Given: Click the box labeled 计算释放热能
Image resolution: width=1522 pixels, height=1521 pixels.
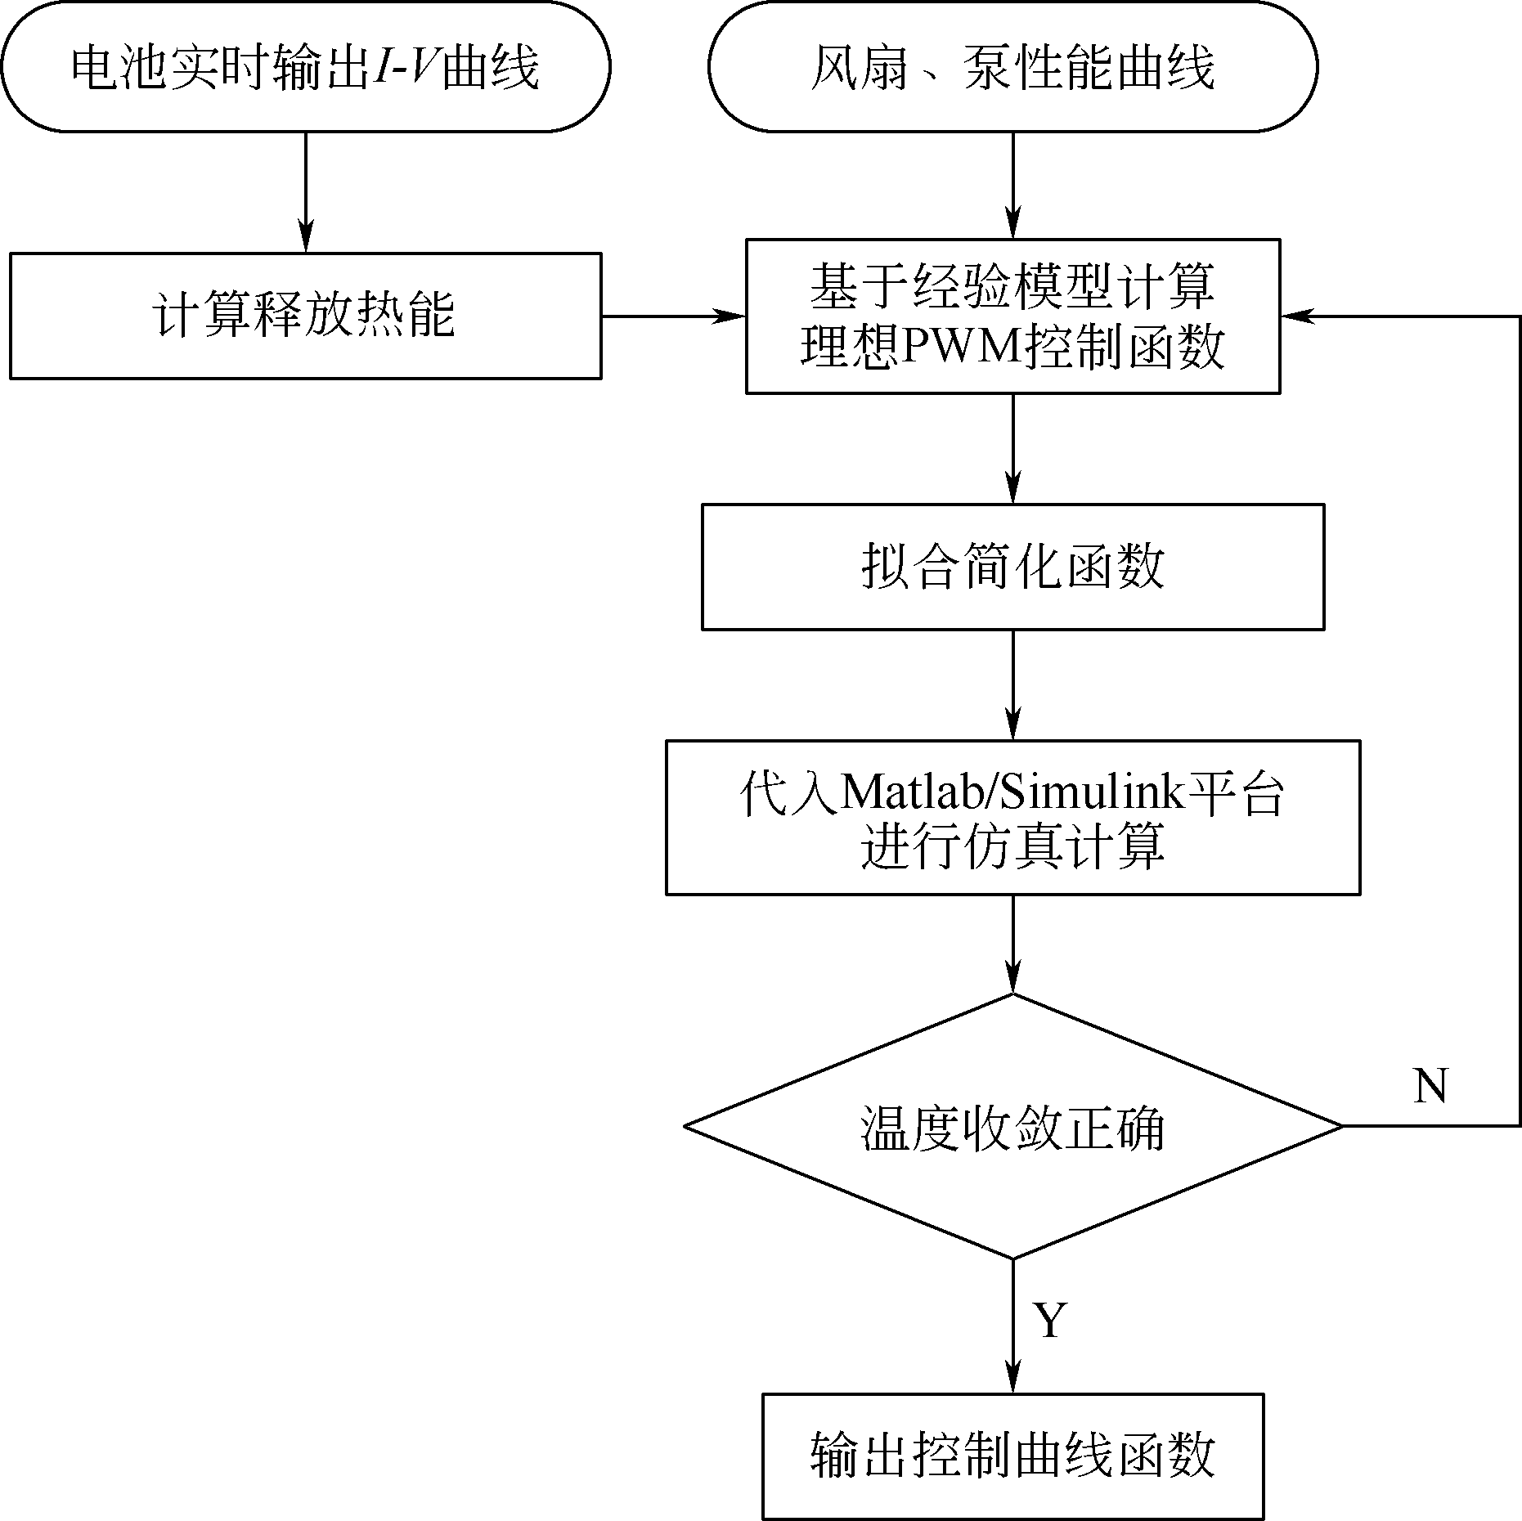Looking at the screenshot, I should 305,316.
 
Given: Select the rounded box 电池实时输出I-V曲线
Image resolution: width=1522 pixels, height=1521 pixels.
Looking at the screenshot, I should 305,67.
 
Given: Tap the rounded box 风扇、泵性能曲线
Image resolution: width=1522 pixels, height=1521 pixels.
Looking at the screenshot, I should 1012,67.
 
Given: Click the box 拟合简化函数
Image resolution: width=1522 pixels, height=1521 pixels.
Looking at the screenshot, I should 1012,567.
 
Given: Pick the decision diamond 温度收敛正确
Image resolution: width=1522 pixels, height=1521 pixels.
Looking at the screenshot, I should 1012,1126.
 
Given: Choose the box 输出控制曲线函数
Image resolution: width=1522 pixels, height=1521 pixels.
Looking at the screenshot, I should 1012,1455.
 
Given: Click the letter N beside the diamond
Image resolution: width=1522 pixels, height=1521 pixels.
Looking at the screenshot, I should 1430,1087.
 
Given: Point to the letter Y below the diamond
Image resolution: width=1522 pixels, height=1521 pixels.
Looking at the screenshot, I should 1051,1320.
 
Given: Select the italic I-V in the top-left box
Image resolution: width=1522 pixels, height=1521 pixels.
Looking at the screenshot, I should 404,67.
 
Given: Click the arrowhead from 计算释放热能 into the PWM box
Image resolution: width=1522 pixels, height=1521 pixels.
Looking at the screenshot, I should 732,316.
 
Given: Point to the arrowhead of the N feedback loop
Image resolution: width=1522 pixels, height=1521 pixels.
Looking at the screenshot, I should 1295,316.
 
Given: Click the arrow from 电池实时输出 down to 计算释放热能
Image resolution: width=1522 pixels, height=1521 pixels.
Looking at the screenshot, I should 305,191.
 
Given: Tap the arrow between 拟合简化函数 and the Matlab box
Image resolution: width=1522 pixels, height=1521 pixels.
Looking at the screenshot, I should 1012,685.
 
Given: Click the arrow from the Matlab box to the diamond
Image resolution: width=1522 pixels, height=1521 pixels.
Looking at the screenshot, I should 1012,944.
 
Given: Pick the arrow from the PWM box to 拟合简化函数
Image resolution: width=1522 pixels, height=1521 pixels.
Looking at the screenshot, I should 1012,448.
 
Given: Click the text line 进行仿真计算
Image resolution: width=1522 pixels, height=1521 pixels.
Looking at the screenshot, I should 1012,848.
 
